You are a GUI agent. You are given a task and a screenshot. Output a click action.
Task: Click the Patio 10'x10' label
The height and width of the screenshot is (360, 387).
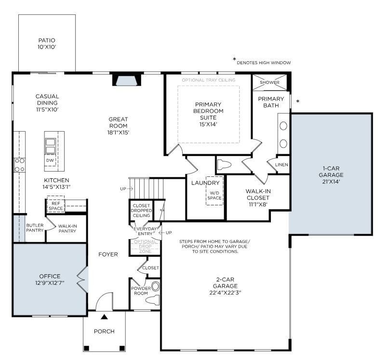(x=47, y=44)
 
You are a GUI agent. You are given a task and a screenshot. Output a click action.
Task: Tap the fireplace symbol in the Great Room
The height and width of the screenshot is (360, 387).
(x=127, y=80)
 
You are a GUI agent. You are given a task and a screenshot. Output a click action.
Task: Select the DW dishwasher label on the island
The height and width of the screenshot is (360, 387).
(x=50, y=160)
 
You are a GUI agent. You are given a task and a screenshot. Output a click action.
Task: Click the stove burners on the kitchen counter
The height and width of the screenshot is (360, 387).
(x=19, y=165)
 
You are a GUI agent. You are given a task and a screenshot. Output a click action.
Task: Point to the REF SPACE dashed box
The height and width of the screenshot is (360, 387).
(x=55, y=205)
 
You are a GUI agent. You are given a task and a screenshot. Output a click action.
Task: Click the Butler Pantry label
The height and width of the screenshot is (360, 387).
(x=35, y=228)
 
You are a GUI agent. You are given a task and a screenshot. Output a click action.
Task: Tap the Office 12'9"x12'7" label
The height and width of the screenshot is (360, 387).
(x=50, y=279)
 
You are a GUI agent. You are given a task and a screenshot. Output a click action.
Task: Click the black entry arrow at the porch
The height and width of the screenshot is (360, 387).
(x=104, y=317)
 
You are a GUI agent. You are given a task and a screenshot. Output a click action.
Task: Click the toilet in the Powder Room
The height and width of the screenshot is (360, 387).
(x=153, y=300)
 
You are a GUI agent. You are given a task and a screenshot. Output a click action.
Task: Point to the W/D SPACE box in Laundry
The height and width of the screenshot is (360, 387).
(x=214, y=197)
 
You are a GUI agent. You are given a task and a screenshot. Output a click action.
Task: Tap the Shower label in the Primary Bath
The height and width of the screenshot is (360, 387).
(x=269, y=82)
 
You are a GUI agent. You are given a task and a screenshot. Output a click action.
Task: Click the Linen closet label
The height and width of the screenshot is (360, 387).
(x=281, y=165)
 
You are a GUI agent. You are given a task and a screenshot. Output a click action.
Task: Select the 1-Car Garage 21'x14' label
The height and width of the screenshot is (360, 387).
(x=333, y=175)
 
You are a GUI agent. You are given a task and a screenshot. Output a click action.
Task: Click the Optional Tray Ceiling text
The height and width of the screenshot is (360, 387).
(x=208, y=80)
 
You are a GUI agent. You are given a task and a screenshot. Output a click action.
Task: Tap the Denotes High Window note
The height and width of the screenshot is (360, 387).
(x=263, y=63)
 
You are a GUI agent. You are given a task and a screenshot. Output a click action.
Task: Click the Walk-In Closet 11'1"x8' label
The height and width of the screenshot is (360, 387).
(x=258, y=198)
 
